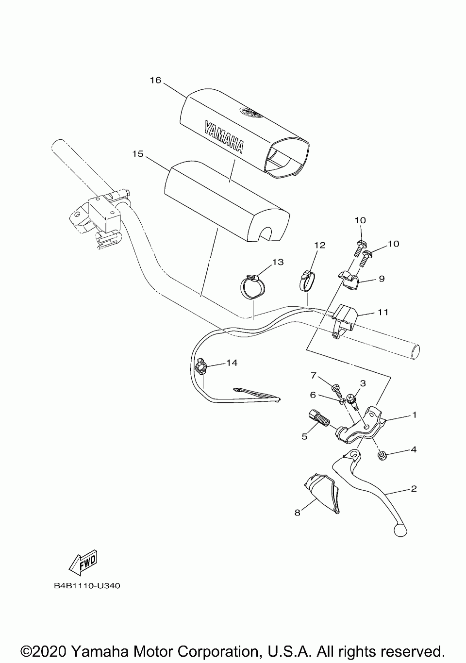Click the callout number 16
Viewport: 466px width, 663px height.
[155, 80]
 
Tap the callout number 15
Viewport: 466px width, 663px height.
[138, 154]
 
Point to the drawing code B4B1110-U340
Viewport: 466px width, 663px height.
[87, 586]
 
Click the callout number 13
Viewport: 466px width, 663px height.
[278, 262]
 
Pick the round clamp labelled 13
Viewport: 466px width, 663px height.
[252, 287]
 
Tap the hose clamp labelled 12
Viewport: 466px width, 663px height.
[306, 281]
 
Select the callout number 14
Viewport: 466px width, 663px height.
[232, 362]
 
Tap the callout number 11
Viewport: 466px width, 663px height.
[383, 312]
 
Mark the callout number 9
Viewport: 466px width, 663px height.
[382, 279]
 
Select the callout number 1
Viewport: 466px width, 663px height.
[414, 415]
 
